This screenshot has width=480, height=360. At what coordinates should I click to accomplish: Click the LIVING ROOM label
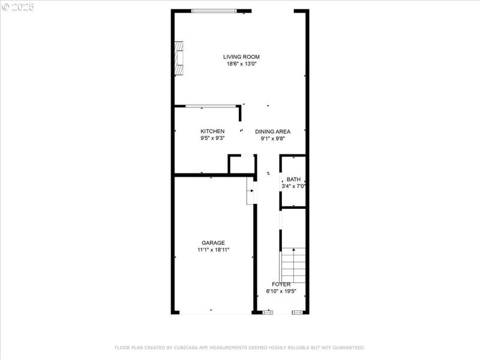tap(241, 57)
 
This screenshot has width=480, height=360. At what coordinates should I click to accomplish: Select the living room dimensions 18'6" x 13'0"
tap(241, 64)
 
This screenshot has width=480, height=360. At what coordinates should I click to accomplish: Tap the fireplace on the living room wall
tap(178, 59)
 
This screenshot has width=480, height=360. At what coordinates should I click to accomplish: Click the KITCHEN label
tap(212, 131)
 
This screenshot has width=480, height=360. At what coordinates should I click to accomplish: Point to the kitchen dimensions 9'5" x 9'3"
tap(212, 139)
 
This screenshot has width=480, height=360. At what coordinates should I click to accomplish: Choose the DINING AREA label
tap(272, 131)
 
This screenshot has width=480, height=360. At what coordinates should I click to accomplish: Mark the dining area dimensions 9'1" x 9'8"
tap(272, 139)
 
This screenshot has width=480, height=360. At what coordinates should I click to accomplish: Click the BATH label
tap(293, 179)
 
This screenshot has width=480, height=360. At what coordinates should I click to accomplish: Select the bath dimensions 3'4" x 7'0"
tap(293, 187)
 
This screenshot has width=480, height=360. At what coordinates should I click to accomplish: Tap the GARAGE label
tap(213, 243)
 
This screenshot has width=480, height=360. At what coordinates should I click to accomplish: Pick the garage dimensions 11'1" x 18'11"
tap(213, 250)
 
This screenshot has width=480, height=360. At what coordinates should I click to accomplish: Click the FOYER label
tap(281, 284)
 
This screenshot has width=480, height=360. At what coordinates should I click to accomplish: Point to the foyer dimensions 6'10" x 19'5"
tap(281, 292)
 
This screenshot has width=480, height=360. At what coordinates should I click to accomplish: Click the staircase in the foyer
tap(293, 264)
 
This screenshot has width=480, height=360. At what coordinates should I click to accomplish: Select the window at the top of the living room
tap(214, 11)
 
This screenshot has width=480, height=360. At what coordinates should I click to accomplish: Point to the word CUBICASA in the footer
tap(185, 348)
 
